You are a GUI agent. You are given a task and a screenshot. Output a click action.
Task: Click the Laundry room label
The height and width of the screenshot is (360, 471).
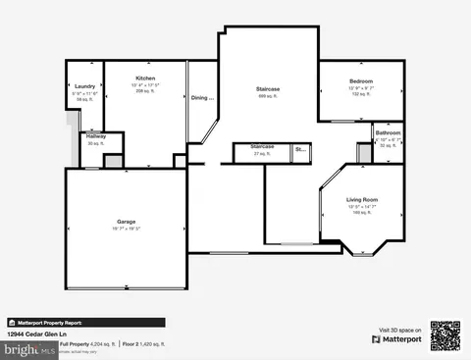(x=84, y=86)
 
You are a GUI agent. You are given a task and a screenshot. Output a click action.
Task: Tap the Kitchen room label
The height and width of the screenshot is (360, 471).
(x=145, y=77)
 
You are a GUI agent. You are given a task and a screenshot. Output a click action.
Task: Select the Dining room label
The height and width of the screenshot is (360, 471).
(x=202, y=97)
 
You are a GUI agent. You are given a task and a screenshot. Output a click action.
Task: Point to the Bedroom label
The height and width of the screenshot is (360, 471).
(x=359, y=80)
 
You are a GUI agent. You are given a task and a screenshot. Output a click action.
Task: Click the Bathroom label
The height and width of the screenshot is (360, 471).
(x=388, y=131)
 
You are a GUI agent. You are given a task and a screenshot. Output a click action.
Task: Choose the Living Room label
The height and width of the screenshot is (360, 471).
(x=362, y=200)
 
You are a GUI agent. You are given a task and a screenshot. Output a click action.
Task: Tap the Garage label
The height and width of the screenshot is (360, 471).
(x=127, y=222)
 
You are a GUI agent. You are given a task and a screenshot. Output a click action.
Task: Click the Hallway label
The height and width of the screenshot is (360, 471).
(x=95, y=135)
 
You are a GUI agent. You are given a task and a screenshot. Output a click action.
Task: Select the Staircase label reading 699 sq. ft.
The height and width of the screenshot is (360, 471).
(x=268, y=89)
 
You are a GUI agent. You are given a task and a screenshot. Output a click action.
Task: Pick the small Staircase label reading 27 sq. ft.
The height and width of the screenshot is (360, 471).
(x=261, y=146)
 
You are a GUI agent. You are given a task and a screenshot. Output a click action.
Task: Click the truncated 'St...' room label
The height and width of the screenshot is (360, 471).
(x=300, y=150)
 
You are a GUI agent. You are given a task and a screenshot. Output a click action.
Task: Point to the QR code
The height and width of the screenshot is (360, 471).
(x=445, y=336)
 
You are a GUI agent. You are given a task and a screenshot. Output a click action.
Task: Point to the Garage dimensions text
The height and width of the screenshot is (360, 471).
(x=127, y=229)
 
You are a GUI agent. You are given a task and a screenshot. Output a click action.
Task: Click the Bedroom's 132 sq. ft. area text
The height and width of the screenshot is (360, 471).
(x=359, y=93)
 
